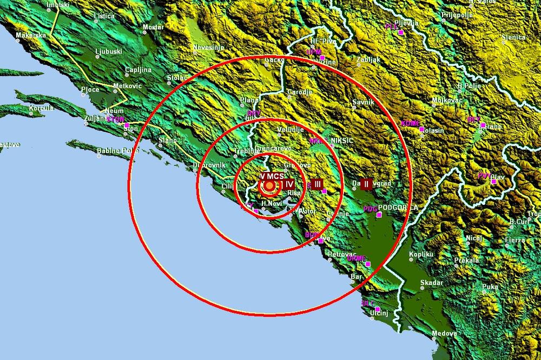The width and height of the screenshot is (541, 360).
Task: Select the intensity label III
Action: [317, 184]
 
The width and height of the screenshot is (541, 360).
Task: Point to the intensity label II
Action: [366, 184]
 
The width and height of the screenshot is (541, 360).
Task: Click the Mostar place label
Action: [153, 26]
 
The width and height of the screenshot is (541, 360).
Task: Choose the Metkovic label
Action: [127, 86]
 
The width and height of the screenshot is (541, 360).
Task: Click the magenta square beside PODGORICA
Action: [379, 214]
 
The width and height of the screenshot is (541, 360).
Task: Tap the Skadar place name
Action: [431, 283]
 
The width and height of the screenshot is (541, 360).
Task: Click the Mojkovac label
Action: [446, 101]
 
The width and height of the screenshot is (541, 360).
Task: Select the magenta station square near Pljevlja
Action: [401, 33]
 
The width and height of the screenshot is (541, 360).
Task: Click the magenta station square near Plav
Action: [494, 182]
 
